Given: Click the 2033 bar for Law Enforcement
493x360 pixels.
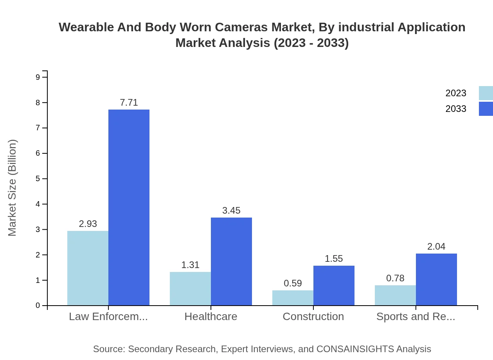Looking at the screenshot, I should coord(129,207).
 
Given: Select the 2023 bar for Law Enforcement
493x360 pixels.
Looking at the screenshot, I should coord(88,268).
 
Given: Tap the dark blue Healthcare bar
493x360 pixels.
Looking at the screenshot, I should coord(231,261).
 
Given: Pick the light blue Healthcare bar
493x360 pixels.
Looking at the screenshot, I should coord(190,289).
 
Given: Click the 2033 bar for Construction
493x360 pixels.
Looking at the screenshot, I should coord(334,286).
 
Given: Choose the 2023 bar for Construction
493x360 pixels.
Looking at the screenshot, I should coord(293,298).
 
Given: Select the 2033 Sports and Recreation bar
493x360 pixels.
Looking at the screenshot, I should coord(436,279).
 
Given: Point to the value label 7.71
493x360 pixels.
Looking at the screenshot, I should coord(129,103).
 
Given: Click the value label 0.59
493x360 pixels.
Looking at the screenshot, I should coord(293,283).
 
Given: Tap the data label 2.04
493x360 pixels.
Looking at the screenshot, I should coord(436,247).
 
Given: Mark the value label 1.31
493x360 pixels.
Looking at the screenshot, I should coord(190,265).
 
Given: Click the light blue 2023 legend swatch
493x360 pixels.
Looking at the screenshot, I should coord(486,93).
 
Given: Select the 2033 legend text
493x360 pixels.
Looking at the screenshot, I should coord(456,109).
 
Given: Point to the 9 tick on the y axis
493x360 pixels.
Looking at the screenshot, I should coord(38,77).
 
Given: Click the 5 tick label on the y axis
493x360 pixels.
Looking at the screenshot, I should coord(38,179).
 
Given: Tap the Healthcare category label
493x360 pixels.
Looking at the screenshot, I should coord(211,316).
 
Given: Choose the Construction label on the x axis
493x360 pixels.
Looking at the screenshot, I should coord(313,316).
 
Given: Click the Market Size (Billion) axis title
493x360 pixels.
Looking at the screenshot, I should coord(13,188).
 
